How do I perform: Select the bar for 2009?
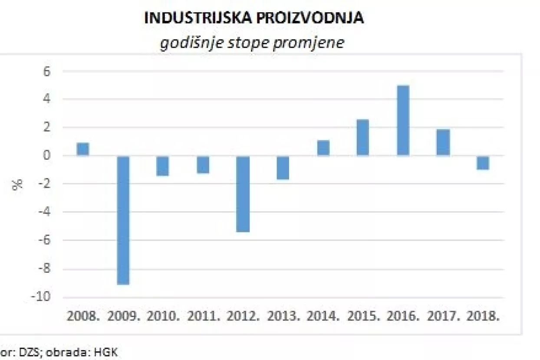(123, 220)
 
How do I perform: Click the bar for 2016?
(403, 121)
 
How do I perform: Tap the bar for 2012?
(243, 194)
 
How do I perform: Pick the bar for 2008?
(83, 149)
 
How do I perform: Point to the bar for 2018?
(483, 163)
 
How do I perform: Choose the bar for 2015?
(363, 137)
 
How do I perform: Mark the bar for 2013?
(283, 167)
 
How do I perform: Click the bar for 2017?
(443, 142)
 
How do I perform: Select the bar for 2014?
(323, 148)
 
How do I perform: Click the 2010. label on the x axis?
(163, 316)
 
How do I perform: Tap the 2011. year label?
(204, 316)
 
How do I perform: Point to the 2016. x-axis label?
(403, 316)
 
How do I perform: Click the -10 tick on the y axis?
(40, 298)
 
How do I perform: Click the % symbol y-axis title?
(18, 184)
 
